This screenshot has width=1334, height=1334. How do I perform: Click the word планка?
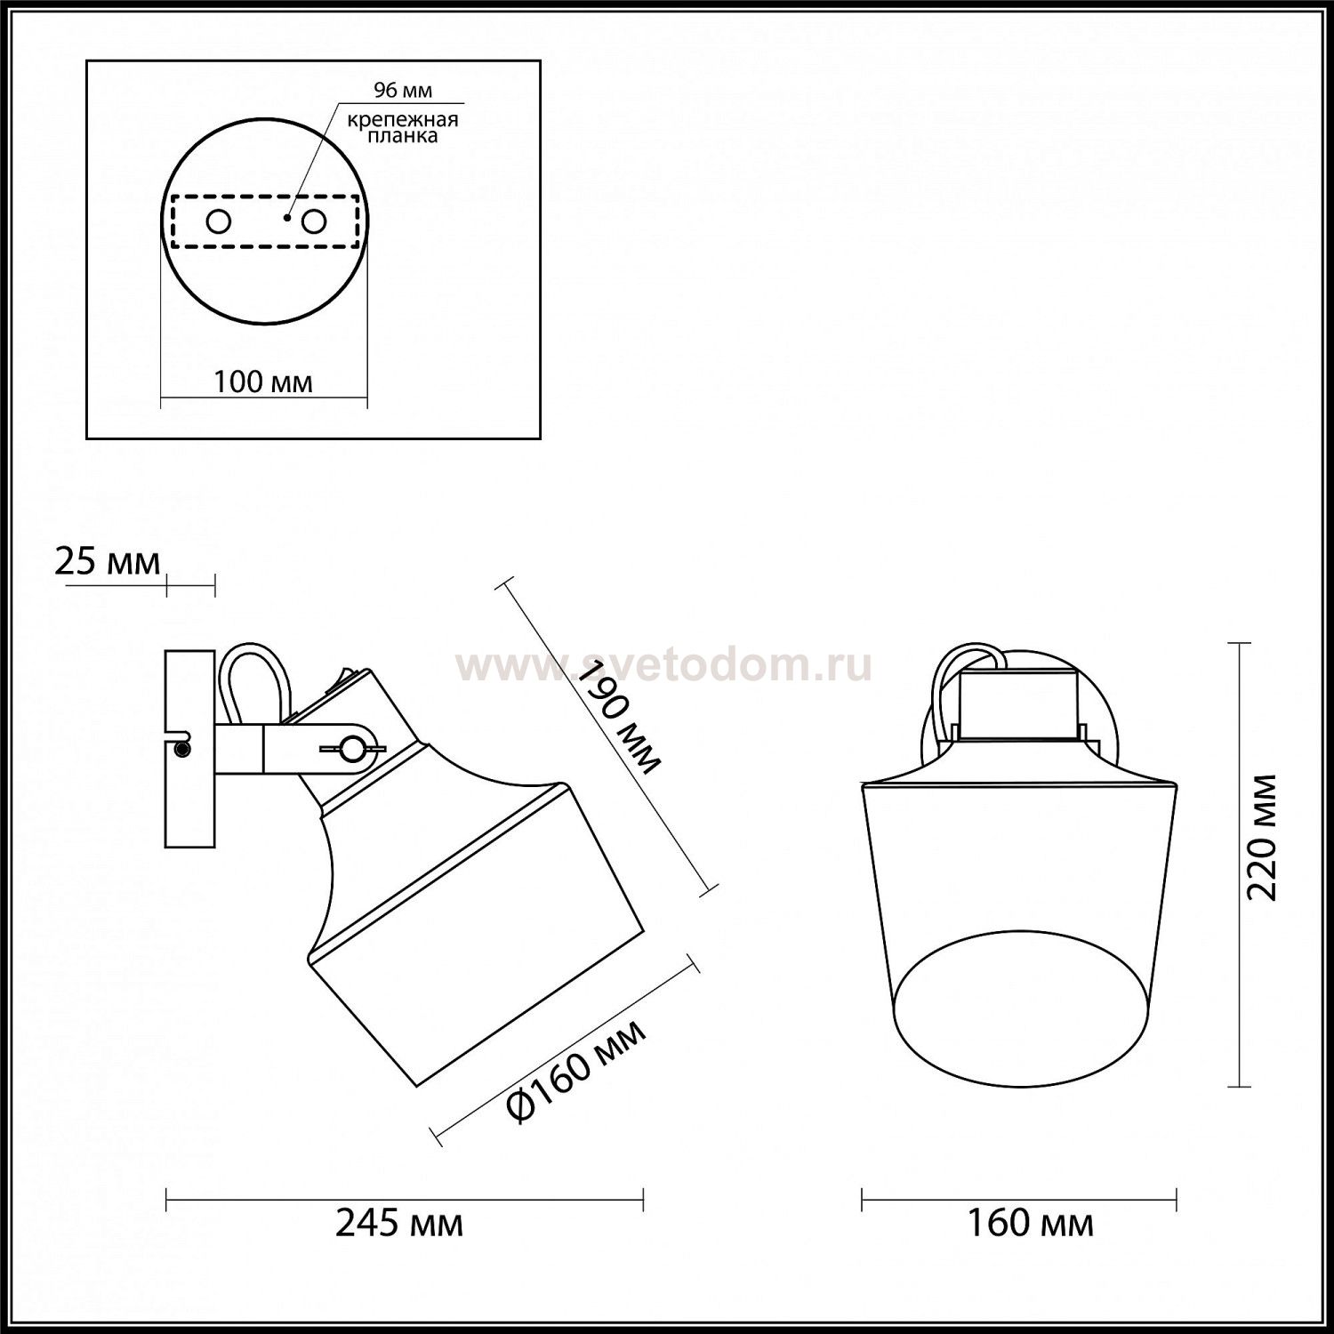pos(405,137)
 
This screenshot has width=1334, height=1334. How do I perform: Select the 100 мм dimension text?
pos(263,382)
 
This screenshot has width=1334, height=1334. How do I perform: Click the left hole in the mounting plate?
pos(219,221)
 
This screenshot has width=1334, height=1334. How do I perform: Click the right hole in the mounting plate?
pos(313,221)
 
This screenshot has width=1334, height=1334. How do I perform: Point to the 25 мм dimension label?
pos(108,562)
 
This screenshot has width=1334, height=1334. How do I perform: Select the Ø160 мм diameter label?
pos(575,1070)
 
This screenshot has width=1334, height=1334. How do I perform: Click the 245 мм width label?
pos(398,1224)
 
